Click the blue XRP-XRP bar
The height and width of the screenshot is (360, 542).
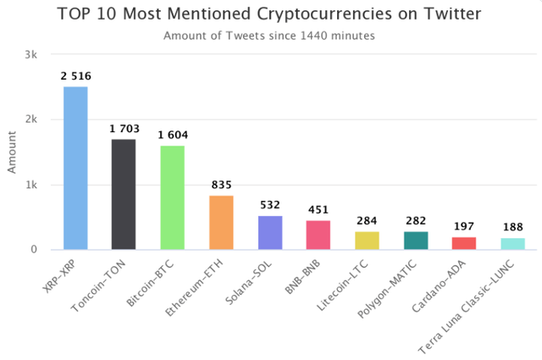(75, 168)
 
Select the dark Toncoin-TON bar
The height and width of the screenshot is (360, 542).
(124, 194)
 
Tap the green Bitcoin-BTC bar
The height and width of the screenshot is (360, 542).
(172, 197)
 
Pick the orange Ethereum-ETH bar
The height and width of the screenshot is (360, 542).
(221, 223)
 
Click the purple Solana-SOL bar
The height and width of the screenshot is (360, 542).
(270, 233)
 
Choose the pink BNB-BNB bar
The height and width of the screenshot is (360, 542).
(318, 235)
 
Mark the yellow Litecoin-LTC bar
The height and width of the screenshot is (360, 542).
(368, 241)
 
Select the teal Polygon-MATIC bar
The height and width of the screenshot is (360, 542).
(416, 241)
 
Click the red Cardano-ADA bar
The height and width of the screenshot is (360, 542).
(465, 243)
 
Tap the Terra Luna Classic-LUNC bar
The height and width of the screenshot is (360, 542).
(513, 244)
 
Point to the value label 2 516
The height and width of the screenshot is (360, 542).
(75, 76)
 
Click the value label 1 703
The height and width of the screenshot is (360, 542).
(124, 129)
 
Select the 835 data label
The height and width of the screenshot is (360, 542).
(221, 186)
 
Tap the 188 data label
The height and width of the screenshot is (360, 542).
(513, 228)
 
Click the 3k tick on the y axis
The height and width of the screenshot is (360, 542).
(31, 54)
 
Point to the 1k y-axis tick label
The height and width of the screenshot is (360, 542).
(31, 185)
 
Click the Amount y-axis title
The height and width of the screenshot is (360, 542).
(12, 152)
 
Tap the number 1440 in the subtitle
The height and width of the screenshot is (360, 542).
(311, 36)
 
